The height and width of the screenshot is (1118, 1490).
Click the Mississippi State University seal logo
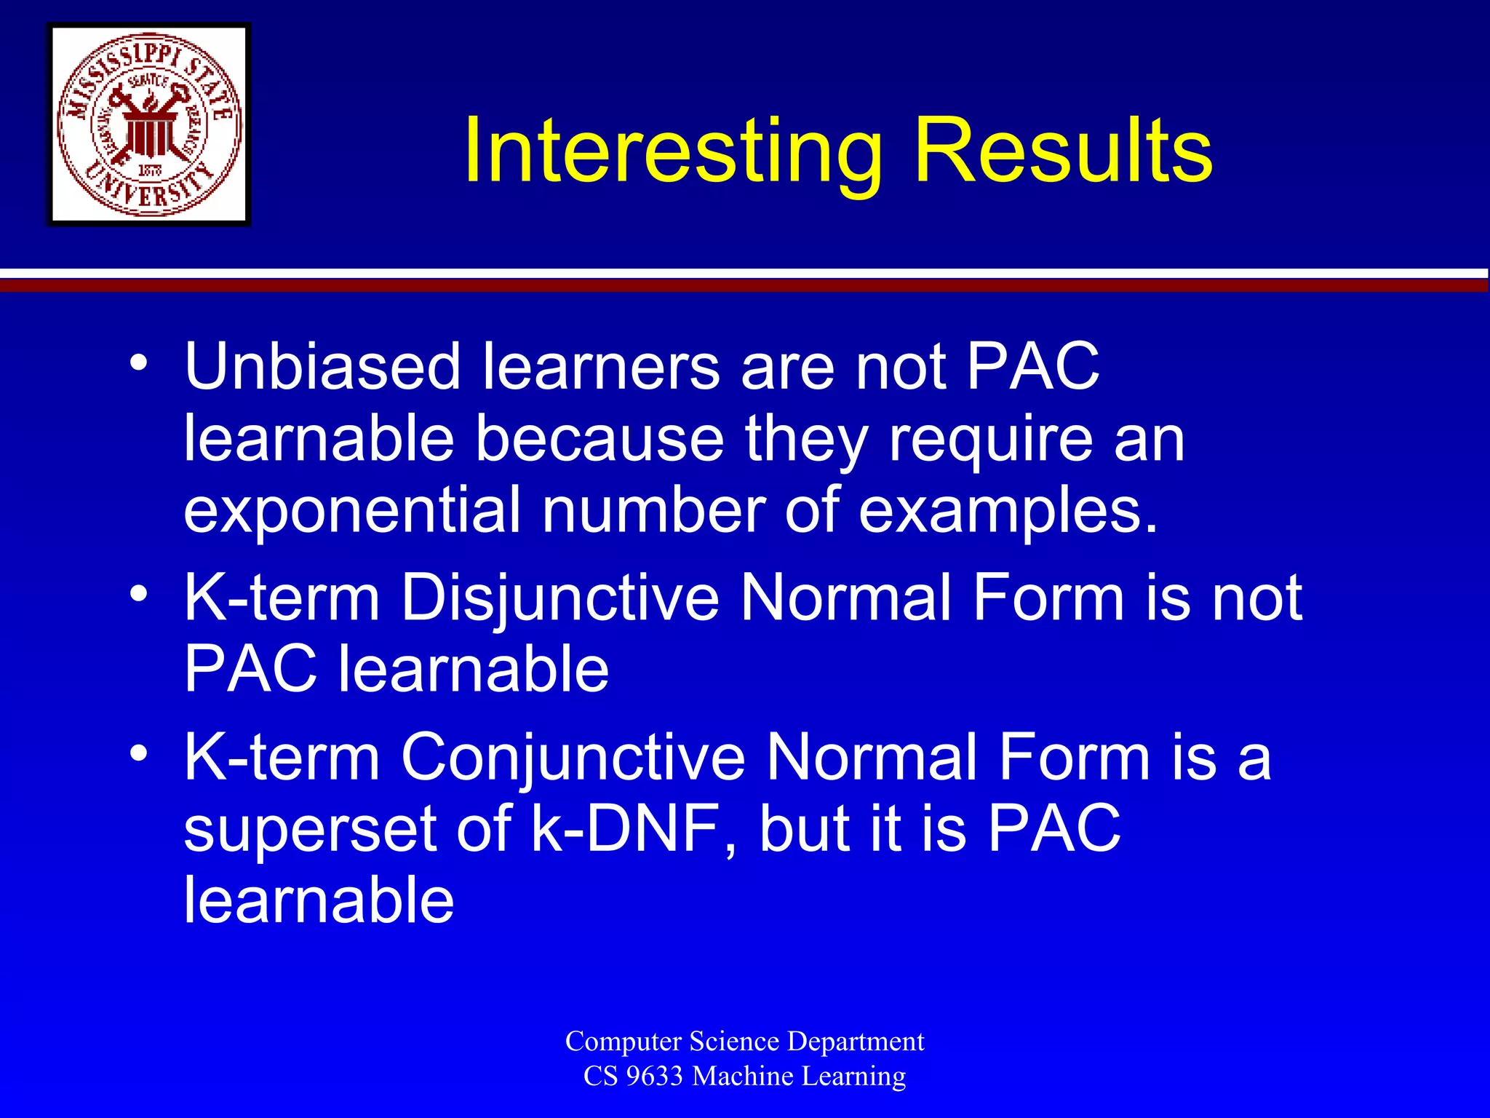[149, 124]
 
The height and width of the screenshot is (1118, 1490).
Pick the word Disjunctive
[559, 598]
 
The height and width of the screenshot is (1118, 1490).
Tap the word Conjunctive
[573, 758]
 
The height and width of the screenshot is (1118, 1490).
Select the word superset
[309, 830]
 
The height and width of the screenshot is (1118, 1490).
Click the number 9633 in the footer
[653, 1076]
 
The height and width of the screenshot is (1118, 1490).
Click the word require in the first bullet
[991, 440]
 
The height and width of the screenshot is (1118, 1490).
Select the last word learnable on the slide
[319, 900]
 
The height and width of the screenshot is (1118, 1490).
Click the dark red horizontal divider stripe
[745, 286]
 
